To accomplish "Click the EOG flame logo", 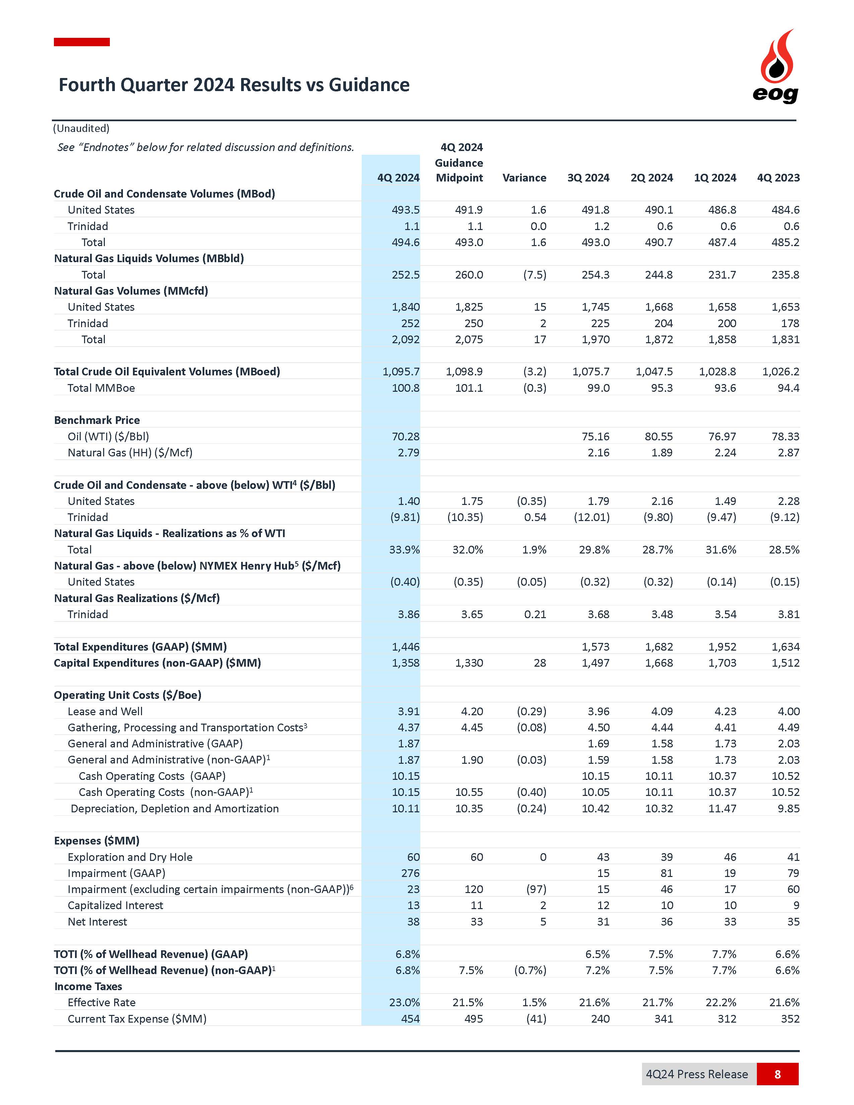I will click(x=776, y=66).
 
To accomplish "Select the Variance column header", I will click(x=524, y=177).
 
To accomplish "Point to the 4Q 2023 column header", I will click(x=778, y=177).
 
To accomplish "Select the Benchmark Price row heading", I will click(x=97, y=420).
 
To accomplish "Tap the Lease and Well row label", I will click(x=105, y=711).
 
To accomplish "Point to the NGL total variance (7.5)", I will click(x=535, y=275).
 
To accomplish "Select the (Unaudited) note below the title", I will click(x=81, y=129).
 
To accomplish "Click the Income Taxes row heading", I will click(x=88, y=986).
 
